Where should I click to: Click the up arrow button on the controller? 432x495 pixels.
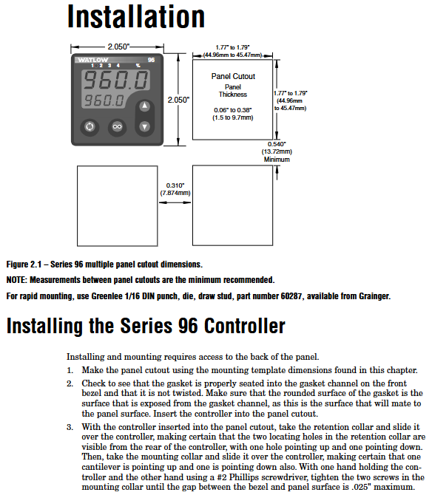point(145,106)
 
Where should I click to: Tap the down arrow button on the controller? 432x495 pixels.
point(145,126)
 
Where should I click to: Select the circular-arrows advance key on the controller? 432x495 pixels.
point(90,127)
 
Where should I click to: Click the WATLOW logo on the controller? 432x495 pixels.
point(93,60)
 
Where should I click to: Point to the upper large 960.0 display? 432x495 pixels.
point(116,81)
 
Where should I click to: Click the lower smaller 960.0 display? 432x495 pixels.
point(104,101)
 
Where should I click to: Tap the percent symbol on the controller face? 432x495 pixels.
point(138,66)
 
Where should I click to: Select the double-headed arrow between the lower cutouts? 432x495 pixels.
point(175,202)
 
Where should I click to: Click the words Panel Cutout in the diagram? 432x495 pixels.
point(233,76)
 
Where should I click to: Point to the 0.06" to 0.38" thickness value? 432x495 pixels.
point(233,110)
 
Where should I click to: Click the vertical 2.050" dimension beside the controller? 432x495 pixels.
point(178,100)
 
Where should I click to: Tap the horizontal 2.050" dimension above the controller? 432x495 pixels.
point(118,47)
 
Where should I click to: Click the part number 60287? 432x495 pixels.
point(291,296)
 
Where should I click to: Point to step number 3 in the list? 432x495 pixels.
point(70,427)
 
